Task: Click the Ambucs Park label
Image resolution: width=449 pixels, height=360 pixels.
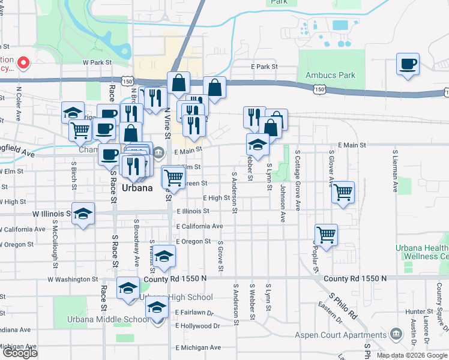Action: (x=330, y=76)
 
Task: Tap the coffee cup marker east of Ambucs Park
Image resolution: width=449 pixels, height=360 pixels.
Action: (x=408, y=64)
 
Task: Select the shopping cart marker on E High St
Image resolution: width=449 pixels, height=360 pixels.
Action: (x=343, y=193)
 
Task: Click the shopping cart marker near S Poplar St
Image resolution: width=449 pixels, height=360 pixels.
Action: (x=326, y=235)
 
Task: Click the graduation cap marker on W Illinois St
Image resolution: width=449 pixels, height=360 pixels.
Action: (x=83, y=214)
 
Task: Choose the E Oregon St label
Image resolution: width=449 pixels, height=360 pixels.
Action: (x=193, y=241)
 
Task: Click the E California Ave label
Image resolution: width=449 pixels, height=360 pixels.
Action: (x=200, y=226)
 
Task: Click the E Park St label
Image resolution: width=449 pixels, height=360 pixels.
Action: (x=265, y=66)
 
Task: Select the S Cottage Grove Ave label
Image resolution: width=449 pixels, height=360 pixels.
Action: (x=297, y=179)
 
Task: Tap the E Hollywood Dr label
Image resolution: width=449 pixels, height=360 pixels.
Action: (x=197, y=326)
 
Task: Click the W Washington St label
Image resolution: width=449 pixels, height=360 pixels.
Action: (x=73, y=279)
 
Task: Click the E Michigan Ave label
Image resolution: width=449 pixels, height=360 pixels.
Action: (x=198, y=347)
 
